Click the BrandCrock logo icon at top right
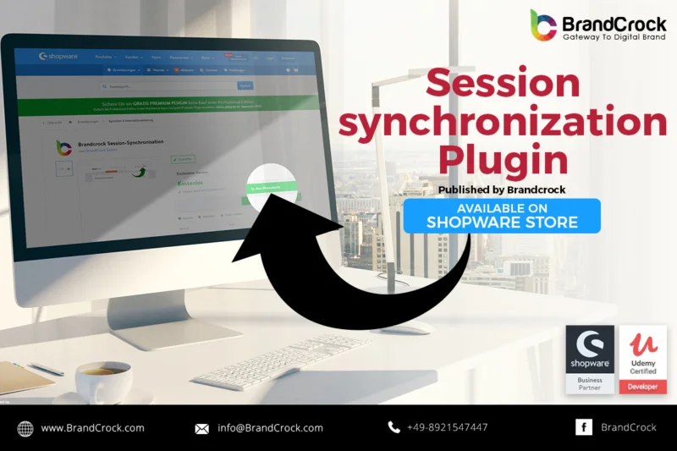(543, 25)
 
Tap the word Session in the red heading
(502, 85)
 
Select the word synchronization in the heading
(502, 124)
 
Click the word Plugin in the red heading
(502, 159)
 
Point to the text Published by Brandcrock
(502, 190)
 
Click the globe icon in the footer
(25, 428)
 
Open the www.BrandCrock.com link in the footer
(92, 428)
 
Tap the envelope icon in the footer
(201, 429)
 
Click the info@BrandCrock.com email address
(270, 428)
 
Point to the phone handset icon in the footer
(394, 427)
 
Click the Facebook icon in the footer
(584, 427)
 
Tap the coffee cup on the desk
(103, 380)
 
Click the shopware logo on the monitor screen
(58, 57)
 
